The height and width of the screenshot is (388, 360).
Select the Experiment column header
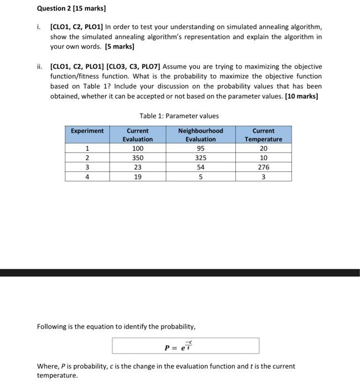click(x=87, y=131)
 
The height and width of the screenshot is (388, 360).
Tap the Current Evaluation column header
click(x=137, y=135)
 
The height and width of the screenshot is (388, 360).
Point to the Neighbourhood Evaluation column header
click(x=200, y=135)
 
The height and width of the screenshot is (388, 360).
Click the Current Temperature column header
click(x=263, y=135)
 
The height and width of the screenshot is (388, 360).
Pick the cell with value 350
click(x=137, y=158)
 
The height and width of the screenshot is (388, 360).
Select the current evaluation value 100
click(x=137, y=149)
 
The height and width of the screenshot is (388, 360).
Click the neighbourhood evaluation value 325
click(x=200, y=158)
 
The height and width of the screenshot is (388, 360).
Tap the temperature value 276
click(x=263, y=167)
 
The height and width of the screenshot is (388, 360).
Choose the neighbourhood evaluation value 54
click(x=200, y=167)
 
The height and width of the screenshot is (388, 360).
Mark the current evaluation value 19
click(x=137, y=177)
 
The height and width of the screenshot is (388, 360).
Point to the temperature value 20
click(x=263, y=149)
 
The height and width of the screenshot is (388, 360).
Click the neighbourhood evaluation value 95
click(x=200, y=149)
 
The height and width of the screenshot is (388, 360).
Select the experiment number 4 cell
click(x=87, y=177)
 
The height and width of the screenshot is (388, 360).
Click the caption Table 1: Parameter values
click(x=179, y=116)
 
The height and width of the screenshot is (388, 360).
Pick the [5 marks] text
click(x=117, y=47)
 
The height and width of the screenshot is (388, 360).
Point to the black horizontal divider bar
click(x=180, y=273)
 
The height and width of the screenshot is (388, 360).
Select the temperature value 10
click(x=263, y=158)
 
